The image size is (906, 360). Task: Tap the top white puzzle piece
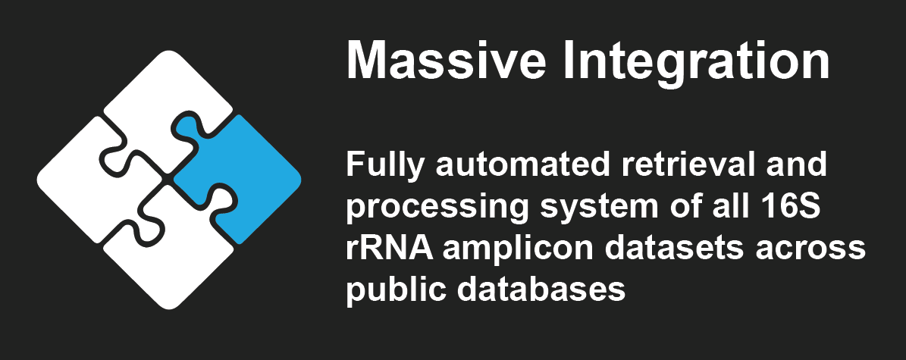(x=165, y=104)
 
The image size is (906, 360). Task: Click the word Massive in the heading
(x=446, y=60)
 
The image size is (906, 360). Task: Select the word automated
(x=523, y=165)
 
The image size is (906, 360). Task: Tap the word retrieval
(x=688, y=164)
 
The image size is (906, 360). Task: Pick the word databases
(x=541, y=288)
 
